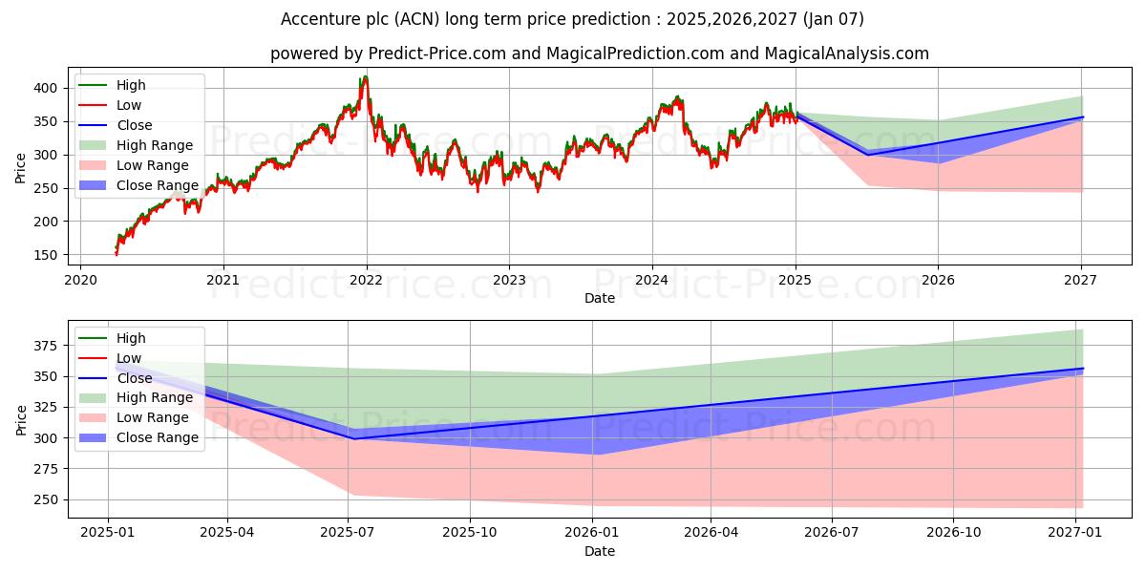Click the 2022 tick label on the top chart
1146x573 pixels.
coord(366,280)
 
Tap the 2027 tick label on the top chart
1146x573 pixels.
coord(1080,280)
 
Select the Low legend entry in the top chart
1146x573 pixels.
coord(129,105)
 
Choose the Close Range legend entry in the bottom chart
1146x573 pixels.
coord(158,437)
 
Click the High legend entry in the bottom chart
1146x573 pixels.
coord(131,338)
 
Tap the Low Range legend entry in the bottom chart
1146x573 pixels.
coord(153,417)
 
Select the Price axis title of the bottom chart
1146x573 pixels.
coord(22,419)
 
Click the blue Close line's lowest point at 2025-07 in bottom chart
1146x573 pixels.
coord(351,438)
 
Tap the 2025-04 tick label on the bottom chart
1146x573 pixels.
coord(228,534)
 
